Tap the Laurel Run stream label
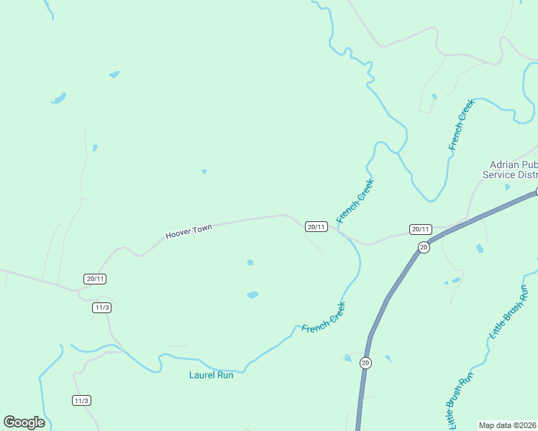pyautogui.click(x=211, y=375)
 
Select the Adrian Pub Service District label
pyautogui.click(x=510, y=170)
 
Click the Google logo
pyautogui.click(x=24, y=422)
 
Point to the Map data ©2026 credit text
pyautogui.click(x=508, y=425)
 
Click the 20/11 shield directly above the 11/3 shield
pyautogui.click(x=95, y=279)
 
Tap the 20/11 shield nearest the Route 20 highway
pyautogui.click(x=420, y=229)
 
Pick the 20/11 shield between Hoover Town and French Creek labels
pyautogui.click(x=316, y=226)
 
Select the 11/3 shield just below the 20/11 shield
pyautogui.click(x=102, y=307)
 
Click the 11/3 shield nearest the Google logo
pyautogui.click(x=81, y=400)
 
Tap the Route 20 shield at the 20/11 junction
pyautogui.click(x=424, y=247)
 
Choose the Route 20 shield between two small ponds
pyautogui.click(x=365, y=363)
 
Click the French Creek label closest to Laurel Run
pyautogui.click(x=324, y=317)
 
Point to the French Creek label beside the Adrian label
pyautogui.click(x=461, y=125)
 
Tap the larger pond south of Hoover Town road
pyautogui.click(x=252, y=295)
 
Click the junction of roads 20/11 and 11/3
pyautogui.click(x=80, y=290)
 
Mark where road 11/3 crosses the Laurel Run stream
pyautogui.click(x=120, y=349)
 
